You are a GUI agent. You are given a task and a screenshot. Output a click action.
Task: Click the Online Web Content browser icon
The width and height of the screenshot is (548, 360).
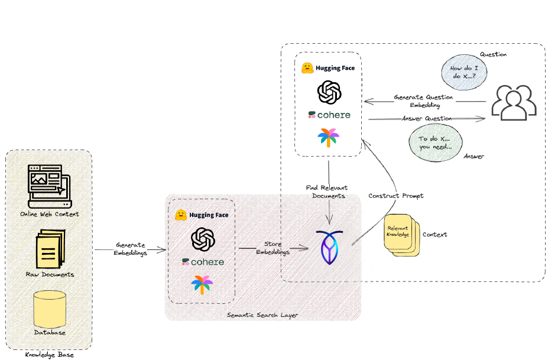click(49, 186)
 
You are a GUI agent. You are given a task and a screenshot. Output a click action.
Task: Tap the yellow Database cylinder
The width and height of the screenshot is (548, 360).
click(49, 308)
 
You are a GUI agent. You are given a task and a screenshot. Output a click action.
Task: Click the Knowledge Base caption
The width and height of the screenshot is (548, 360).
click(49, 355)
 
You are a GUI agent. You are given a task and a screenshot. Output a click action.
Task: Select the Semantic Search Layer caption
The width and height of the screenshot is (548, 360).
click(262, 315)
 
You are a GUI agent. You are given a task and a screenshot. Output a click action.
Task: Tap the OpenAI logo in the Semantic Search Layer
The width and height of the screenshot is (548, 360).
click(202, 239)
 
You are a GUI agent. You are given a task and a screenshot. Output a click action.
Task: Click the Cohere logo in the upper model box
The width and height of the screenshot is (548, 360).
click(329, 115)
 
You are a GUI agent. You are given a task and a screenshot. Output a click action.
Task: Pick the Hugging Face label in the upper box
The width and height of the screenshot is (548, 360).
click(335, 68)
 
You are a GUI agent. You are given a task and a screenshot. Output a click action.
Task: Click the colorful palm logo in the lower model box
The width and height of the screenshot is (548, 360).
click(202, 284)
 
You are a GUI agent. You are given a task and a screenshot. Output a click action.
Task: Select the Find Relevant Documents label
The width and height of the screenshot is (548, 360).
click(327, 192)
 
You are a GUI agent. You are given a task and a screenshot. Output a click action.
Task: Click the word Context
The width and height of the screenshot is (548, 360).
click(434, 235)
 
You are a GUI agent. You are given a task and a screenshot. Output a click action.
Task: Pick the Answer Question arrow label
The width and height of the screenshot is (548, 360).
click(426, 119)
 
